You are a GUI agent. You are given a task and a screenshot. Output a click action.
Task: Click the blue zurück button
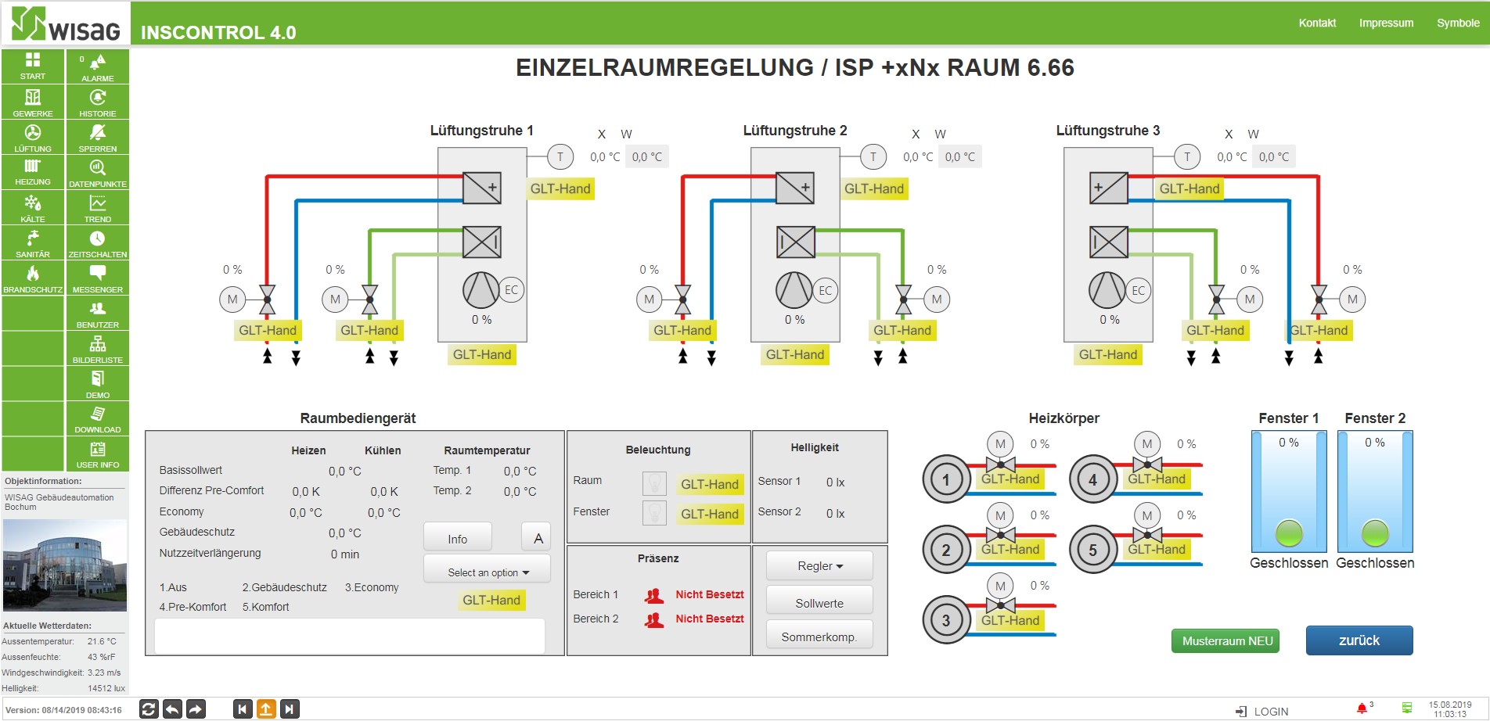pyautogui.click(x=1359, y=640)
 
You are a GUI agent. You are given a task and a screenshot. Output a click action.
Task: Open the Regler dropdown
pyautogui.click(x=819, y=566)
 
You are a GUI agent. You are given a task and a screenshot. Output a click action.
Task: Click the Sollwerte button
pyautogui.click(x=819, y=603)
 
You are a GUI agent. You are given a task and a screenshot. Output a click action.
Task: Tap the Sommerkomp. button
pyautogui.click(x=819, y=637)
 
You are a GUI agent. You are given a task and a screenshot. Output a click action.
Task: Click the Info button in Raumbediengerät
pyautogui.click(x=458, y=539)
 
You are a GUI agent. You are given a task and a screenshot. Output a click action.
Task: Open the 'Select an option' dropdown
pyautogui.click(x=488, y=572)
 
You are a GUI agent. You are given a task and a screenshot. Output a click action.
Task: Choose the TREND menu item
pyautogui.click(x=97, y=208)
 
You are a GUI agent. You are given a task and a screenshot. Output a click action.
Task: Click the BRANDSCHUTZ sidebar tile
pyautogui.click(x=33, y=278)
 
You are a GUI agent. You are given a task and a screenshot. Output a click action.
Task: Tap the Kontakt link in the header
pyautogui.click(x=1317, y=23)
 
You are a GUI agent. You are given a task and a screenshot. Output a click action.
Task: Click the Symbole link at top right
pyautogui.click(x=1458, y=23)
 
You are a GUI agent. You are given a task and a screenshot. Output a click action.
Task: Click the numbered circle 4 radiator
pyautogui.click(x=1092, y=479)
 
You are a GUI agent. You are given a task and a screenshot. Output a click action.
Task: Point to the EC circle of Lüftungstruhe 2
pyautogui.click(x=826, y=290)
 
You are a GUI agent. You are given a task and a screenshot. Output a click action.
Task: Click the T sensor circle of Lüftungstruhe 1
pyautogui.click(x=560, y=156)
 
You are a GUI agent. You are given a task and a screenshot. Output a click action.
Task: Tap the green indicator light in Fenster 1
pyautogui.click(x=1289, y=533)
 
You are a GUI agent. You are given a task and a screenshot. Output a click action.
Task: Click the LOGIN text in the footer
pyautogui.click(x=1271, y=712)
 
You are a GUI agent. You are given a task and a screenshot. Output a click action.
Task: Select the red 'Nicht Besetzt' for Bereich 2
pyautogui.click(x=710, y=619)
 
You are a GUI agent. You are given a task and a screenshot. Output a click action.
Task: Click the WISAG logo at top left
pyautogui.click(x=66, y=23)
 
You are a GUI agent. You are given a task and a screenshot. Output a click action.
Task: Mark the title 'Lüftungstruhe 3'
pyautogui.click(x=1107, y=131)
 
